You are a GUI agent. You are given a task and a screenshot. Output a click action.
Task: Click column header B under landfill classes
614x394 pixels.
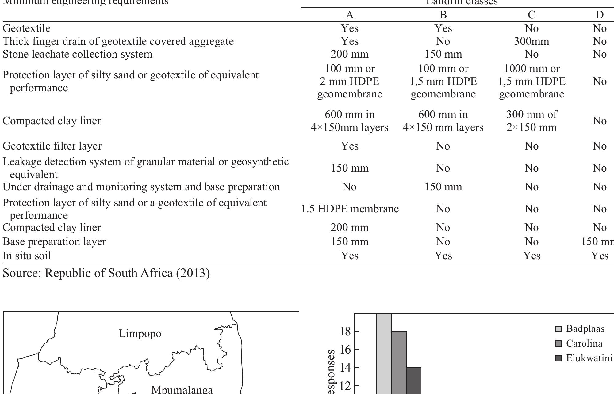click(x=443, y=15)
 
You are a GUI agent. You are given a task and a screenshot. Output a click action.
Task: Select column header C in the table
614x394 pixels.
click(x=531, y=15)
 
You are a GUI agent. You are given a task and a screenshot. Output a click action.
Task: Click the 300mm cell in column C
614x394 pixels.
click(x=531, y=41)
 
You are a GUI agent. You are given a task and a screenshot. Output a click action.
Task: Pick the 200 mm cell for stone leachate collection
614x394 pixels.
click(x=349, y=54)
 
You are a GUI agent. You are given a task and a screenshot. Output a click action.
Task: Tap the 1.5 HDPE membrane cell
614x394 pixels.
click(x=350, y=209)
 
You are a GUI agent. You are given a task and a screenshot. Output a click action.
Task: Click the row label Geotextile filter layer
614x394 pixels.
click(x=52, y=146)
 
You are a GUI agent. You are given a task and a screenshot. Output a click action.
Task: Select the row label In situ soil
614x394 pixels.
click(x=27, y=256)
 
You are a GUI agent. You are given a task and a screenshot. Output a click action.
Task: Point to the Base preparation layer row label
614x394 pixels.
click(x=54, y=241)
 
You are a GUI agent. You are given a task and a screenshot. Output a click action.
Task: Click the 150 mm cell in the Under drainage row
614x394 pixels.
click(x=443, y=187)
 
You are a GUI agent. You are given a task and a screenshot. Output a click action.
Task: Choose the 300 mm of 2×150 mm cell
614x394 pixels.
click(x=531, y=121)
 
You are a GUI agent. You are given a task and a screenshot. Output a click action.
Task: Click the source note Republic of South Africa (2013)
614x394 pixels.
click(x=106, y=273)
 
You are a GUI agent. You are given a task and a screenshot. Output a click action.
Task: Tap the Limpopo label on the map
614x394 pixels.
click(x=140, y=333)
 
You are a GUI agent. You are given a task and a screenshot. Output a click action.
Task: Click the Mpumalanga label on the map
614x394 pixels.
click(x=182, y=389)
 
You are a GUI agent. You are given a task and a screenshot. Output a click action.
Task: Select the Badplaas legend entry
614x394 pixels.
click(x=585, y=329)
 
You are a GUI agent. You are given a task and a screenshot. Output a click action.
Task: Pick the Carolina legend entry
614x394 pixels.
click(x=584, y=343)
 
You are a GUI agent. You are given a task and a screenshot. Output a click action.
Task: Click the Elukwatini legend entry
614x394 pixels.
click(x=589, y=358)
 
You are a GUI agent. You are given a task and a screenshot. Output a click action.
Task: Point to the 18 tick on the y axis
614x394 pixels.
click(x=345, y=331)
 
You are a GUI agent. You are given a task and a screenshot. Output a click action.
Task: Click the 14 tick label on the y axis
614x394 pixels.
click(x=345, y=367)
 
